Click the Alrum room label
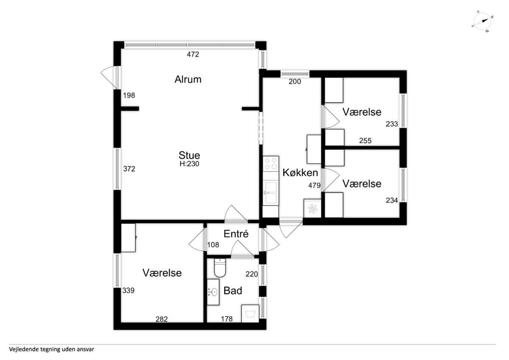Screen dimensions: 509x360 click(188, 79)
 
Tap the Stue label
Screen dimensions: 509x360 click(189, 155)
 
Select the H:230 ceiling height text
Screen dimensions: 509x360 click(189, 164)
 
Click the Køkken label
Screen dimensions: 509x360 click(300, 173)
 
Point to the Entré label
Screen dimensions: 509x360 click(236, 234)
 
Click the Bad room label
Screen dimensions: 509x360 click(233, 291)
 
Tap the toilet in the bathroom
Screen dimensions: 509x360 click(220, 268)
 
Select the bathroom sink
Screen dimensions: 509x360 click(213, 292)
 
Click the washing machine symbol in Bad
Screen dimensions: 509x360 click(250, 314)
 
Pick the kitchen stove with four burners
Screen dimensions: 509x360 click(271, 164)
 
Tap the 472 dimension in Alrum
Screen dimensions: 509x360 click(193, 54)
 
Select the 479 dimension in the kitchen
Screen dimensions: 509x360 click(314, 186)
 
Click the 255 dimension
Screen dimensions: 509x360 click(365, 141)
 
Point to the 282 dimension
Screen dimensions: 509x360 click(162, 319)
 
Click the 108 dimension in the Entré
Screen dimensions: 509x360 click(213, 245)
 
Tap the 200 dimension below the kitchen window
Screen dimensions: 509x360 click(295, 82)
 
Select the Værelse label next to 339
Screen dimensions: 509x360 click(162, 273)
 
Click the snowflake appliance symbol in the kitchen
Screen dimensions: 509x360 click(312, 208)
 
